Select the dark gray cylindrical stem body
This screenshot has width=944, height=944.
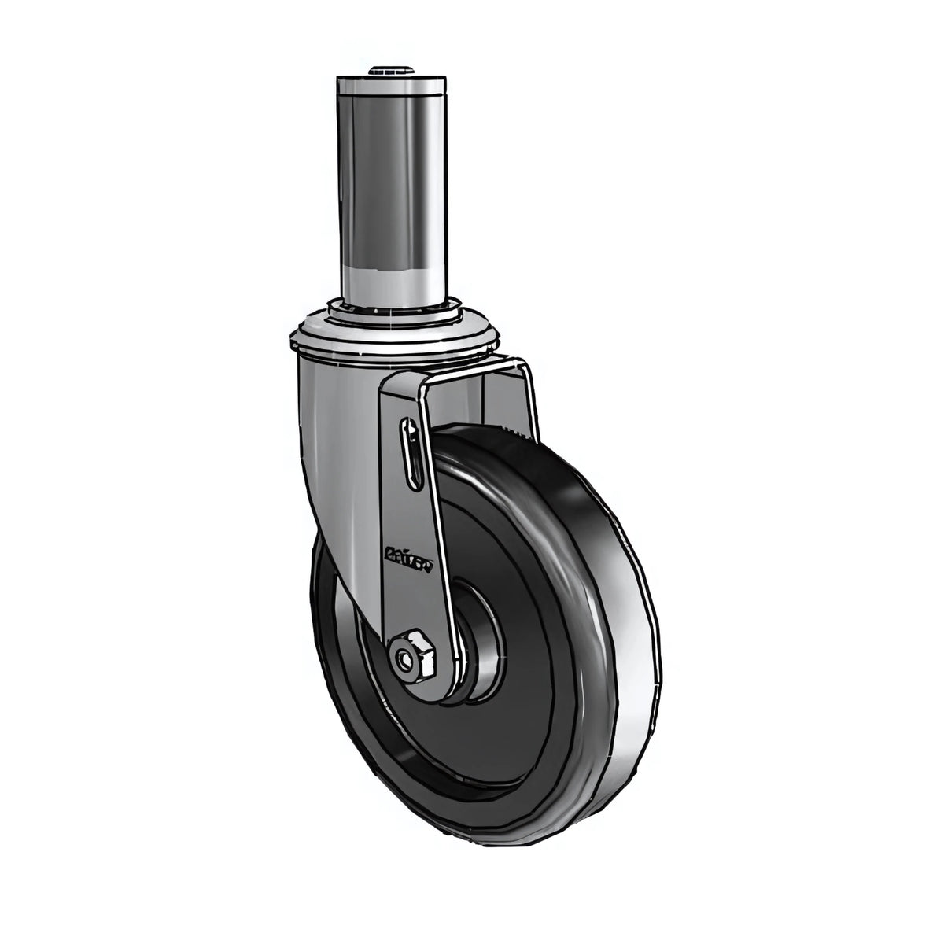(390, 181)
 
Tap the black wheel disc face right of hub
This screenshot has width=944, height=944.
(535, 629)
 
